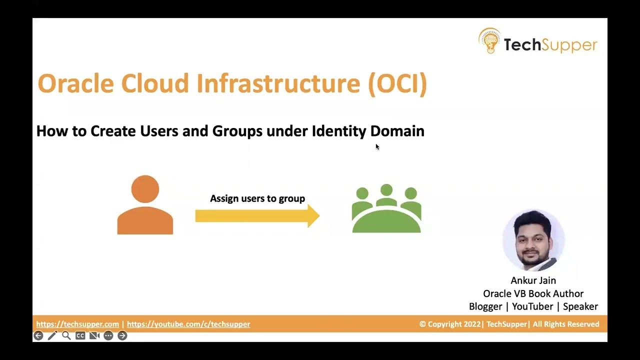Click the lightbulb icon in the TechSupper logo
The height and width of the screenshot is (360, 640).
(x=489, y=41)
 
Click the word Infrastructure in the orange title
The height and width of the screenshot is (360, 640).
(x=278, y=83)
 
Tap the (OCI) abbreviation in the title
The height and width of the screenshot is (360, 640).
(x=397, y=83)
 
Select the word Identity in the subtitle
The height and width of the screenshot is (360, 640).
(x=339, y=131)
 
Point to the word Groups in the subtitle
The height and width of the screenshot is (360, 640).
(x=237, y=131)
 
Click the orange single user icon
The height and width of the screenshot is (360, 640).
(x=145, y=205)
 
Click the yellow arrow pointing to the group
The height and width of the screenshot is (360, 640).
(x=257, y=216)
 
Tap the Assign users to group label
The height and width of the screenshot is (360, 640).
(x=257, y=198)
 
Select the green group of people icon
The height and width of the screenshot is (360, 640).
(x=386, y=209)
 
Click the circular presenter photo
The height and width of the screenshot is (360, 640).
(x=533, y=240)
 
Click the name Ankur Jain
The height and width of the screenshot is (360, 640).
(x=533, y=280)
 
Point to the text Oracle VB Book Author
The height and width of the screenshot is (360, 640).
(x=533, y=293)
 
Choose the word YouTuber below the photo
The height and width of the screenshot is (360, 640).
(x=532, y=306)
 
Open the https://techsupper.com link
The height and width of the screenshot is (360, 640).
(x=77, y=324)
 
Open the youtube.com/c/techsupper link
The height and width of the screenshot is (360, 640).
(x=188, y=324)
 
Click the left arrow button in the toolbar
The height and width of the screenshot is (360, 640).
(x=38, y=336)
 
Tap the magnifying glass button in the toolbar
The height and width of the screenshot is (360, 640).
(x=66, y=336)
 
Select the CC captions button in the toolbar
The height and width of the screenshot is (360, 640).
(x=80, y=336)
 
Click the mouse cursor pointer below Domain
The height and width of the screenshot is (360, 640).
(x=377, y=146)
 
